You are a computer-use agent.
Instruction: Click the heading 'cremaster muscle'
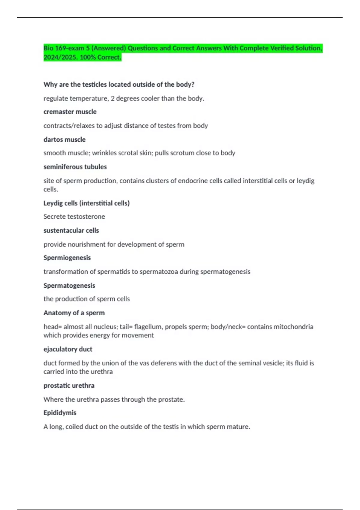coord(70,112)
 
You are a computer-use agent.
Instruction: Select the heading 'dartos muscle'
coord(64,140)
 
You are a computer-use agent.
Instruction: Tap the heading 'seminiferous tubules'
coord(75,167)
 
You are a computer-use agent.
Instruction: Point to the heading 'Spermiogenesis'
coord(67,258)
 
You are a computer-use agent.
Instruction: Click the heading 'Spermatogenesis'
coord(69,286)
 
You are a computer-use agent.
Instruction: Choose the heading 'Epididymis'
coord(60,413)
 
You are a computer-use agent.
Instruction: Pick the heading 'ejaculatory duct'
coord(68,349)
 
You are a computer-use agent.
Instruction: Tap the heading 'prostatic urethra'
coord(69,385)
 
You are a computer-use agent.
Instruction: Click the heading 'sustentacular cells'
coord(71,230)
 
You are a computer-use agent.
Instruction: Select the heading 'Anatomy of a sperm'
coord(74,313)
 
